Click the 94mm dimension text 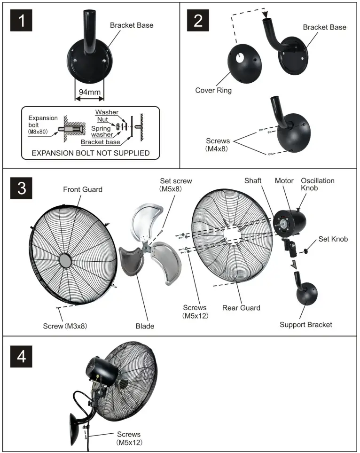click(89, 92)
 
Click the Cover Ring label click(213, 90)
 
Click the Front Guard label click(83, 189)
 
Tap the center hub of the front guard click(65, 260)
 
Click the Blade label click(145, 326)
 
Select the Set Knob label click(333, 239)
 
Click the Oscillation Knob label click(317, 184)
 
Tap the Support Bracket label click(305, 325)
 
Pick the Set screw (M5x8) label click(176, 184)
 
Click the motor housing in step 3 click(294, 220)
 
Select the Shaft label click(253, 181)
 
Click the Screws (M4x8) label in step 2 click(219, 144)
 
